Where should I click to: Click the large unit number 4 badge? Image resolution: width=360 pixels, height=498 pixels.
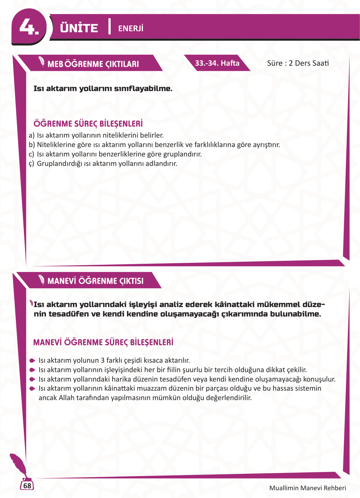[x=29, y=27]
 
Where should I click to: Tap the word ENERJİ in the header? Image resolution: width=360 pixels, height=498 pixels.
[x=131, y=29]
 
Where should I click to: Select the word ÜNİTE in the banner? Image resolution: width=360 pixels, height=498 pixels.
[x=79, y=28]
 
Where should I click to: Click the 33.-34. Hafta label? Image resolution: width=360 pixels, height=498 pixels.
[x=217, y=63]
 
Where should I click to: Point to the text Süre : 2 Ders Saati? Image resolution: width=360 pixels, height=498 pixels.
[x=298, y=63]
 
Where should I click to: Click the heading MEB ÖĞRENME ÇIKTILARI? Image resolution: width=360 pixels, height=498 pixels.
[x=93, y=64]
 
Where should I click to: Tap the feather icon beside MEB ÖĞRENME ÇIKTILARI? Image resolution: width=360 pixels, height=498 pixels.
[x=42, y=61]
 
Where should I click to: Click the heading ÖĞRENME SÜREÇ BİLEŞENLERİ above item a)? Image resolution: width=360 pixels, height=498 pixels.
[x=88, y=124]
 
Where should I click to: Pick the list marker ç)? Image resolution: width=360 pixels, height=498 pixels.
[x=31, y=164]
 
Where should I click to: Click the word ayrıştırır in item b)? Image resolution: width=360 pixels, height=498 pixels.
[x=266, y=145]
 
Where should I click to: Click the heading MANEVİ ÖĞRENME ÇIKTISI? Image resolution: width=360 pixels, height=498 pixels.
[x=95, y=281]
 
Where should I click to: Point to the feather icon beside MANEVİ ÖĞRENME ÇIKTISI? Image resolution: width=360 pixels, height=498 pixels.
[x=42, y=279]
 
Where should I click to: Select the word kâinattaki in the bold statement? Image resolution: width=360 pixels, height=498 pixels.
[x=234, y=304]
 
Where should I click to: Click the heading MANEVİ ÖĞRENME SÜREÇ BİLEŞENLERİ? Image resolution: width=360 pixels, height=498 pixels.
[x=103, y=342]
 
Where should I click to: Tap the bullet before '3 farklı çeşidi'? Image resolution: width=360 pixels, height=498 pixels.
[x=32, y=361]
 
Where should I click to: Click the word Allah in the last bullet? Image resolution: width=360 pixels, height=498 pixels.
[x=66, y=398]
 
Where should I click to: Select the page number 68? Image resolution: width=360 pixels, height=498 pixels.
[x=27, y=486]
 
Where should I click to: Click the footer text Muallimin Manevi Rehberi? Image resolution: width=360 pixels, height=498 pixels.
[x=308, y=488]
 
